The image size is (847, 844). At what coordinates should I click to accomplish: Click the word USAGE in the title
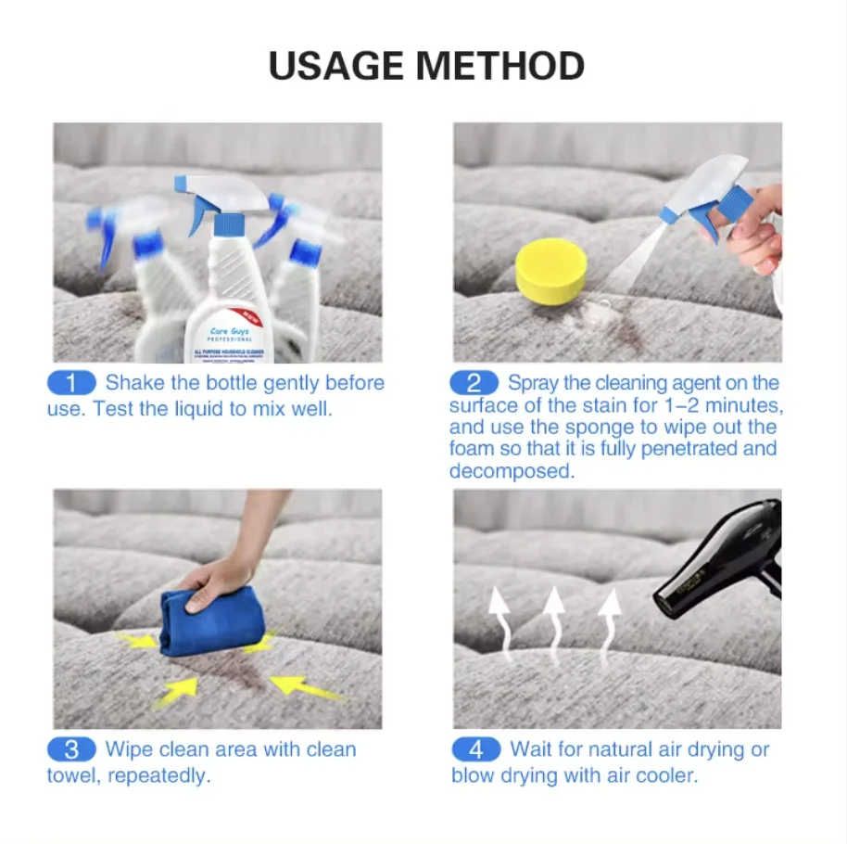[335, 67]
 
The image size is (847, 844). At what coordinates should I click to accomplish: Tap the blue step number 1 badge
[71, 383]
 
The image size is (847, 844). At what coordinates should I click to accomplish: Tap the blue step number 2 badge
[474, 383]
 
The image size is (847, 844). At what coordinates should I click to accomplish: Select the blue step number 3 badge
[71, 749]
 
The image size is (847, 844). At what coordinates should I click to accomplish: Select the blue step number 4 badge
[475, 749]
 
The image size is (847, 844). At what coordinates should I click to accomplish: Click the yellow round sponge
[551, 271]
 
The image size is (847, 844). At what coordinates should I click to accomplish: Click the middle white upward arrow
[554, 617]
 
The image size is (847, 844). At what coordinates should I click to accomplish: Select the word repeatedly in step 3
[158, 775]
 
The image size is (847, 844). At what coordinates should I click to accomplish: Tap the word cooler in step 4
[664, 775]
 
